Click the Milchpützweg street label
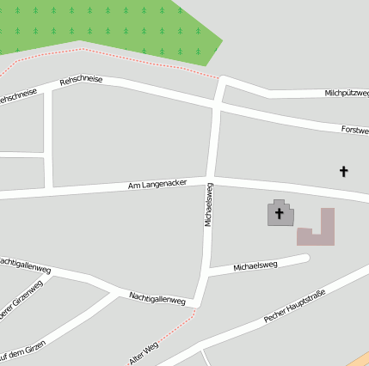pos(347,93)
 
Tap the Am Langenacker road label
pos(157,184)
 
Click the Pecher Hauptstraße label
pos(294,307)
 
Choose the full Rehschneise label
pos(81,80)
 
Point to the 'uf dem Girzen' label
pos(22,351)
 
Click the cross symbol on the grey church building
pos(279,212)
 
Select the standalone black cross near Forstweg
pos(344,171)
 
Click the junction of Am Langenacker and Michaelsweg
pos(211,180)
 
